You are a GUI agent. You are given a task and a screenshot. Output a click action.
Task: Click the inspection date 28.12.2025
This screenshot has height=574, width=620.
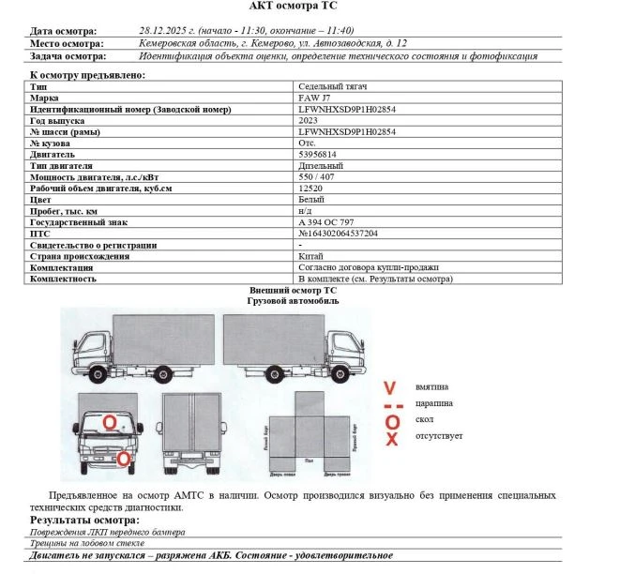[x=165, y=30]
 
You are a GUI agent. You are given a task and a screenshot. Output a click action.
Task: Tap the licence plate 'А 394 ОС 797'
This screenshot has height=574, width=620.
[x=325, y=221]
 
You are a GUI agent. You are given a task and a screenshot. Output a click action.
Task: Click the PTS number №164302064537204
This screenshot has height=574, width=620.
[x=338, y=233]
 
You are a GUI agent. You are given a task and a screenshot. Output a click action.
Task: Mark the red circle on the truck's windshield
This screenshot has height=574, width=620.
[x=110, y=423]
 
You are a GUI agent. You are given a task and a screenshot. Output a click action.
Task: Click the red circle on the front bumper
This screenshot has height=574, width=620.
[x=123, y=459]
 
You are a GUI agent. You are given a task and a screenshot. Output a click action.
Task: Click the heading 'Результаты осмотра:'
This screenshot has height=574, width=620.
[x=84, y=519]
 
